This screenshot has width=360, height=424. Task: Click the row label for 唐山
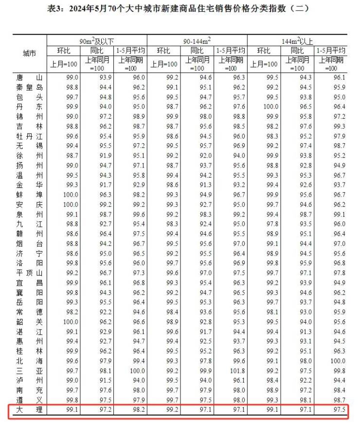click(x=29, y=77)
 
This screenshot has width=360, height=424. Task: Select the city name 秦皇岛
click(x=29, y=88)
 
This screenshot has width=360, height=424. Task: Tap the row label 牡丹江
click(x=29, y=136)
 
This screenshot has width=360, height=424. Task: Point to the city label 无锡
click(x=29, y=146)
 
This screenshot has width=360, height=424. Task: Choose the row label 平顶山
click(x=29, y=273)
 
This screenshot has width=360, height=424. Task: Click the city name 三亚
click(x=29, y=370)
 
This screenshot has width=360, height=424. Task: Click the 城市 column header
click(x=29, y=54)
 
